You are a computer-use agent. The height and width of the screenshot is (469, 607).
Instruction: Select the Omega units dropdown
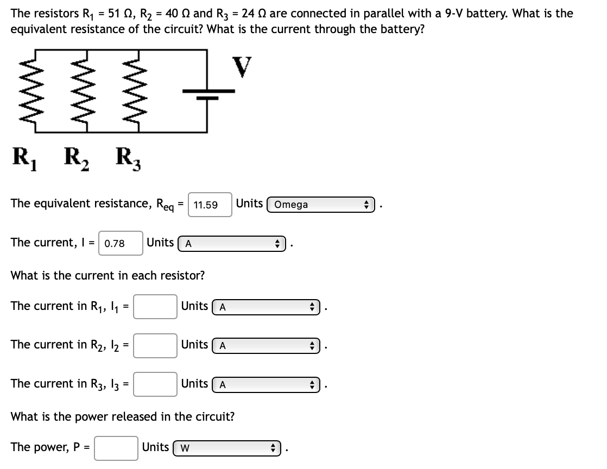coord(321,205)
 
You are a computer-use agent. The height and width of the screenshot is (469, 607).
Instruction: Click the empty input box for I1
coord(155,307)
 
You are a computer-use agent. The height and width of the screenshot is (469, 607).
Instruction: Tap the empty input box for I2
coord(155,345)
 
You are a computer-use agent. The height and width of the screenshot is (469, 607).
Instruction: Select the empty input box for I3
coord(155,384)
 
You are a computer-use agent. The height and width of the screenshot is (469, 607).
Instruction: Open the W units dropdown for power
coord(227,448)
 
